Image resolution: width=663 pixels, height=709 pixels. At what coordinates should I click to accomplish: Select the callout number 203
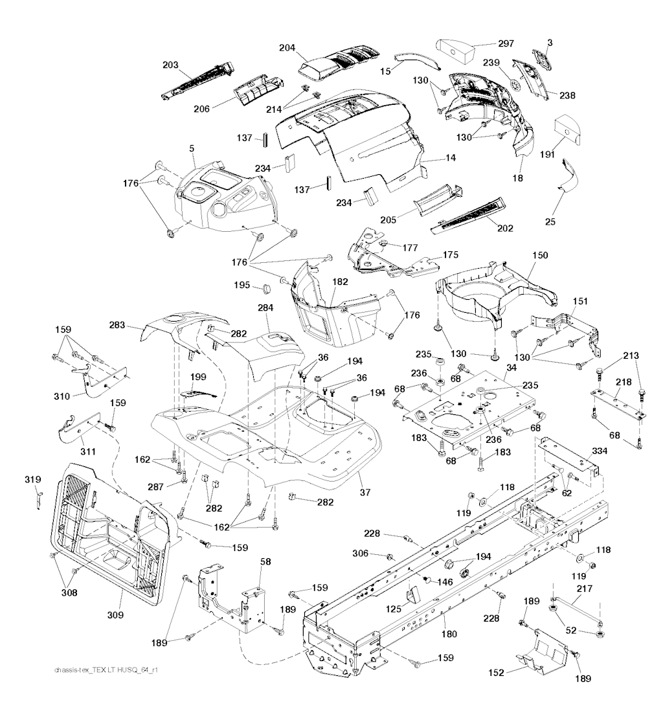click(x=171, y=66)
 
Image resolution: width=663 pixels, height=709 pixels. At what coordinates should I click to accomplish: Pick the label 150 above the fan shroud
click(x=539, y=256)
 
